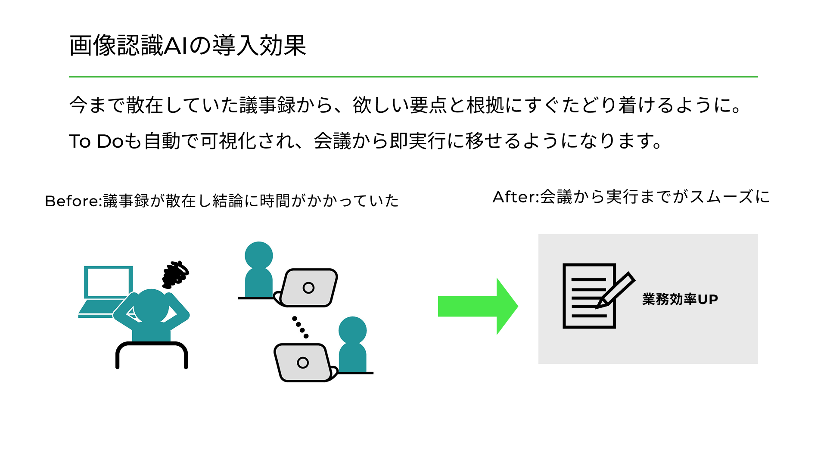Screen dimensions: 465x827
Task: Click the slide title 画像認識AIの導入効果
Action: pos(187,46)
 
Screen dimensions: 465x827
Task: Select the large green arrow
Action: pos(478,306)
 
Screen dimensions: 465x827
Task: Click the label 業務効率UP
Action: pos(680,299)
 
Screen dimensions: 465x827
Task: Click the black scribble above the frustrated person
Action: pos(175,274)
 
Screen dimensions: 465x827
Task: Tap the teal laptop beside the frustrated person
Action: pos(106,288)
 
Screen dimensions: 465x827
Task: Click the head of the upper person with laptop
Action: pos(258,255)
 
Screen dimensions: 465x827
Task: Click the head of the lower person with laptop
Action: pos(352,330)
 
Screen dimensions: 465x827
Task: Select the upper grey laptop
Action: pos(308,288)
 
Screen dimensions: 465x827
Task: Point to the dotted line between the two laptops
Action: pos(300,327)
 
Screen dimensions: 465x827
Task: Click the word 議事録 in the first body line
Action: pos(267,105)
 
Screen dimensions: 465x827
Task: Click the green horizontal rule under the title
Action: pos(413,77)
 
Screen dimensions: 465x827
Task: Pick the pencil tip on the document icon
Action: pos(598,307)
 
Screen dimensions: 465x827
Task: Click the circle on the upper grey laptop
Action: pos(308,288)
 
